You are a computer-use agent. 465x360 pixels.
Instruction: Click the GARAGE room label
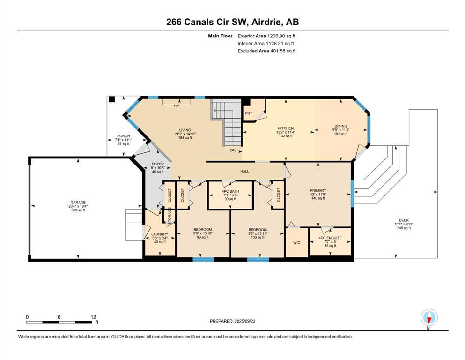point(78,202)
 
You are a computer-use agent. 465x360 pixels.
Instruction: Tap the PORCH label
point(123,136)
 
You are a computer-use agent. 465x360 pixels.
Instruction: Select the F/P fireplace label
point(177,106)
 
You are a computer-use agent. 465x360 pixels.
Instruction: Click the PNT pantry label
point(249,113)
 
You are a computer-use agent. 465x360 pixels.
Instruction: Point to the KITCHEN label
point(286,128)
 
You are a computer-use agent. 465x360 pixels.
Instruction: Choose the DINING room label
point(340,126)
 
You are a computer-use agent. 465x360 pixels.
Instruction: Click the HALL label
point(244,171)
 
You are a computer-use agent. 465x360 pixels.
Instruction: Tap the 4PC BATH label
point(230,191)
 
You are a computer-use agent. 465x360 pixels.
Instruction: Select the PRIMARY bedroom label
point(318,190)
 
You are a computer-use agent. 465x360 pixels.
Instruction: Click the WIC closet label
point(296,242)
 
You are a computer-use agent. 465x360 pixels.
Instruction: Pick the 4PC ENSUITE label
point(330,238)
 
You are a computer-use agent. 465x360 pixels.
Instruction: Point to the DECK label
point(404,220)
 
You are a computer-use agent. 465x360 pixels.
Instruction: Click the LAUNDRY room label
point(160,234)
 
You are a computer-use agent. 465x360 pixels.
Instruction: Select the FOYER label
point(157,164)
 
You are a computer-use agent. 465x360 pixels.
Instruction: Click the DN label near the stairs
point(233,150)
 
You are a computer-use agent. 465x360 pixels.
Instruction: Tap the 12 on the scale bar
point(93,317)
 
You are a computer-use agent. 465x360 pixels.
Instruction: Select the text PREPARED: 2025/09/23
point(232,321)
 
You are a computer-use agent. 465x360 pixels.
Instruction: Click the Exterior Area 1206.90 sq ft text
point(266,36)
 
